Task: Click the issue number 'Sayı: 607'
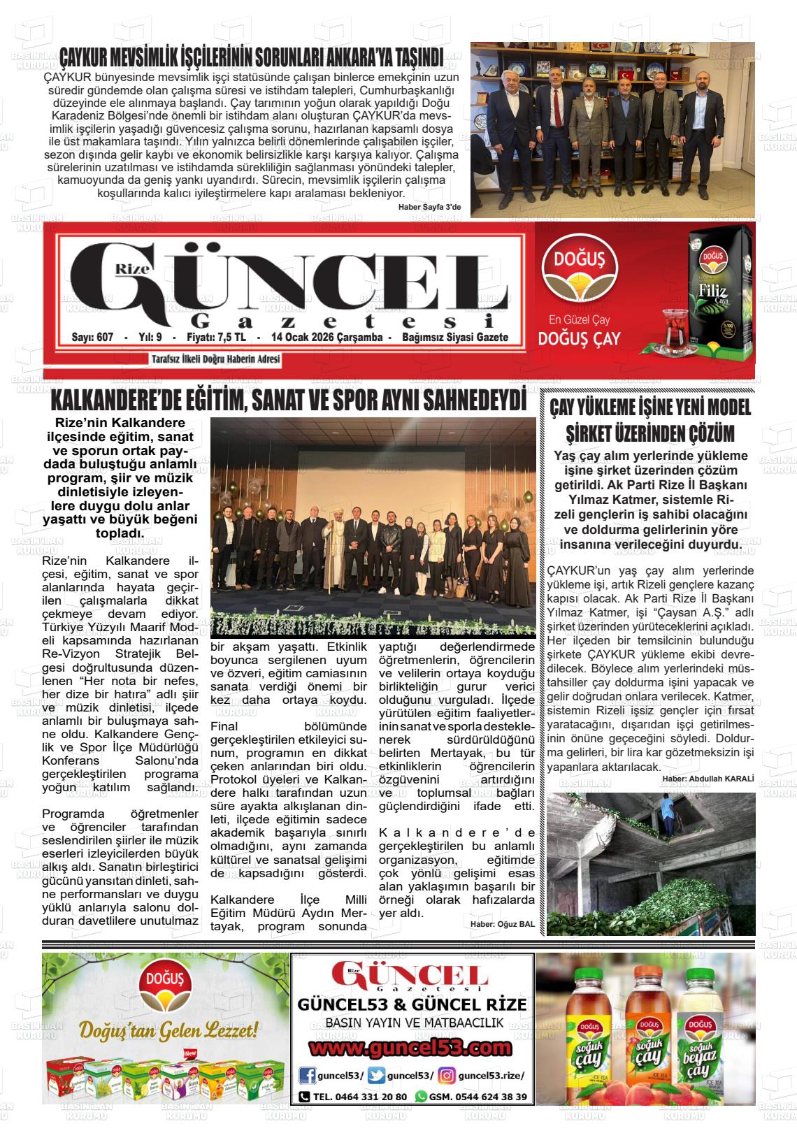tap(92, 338)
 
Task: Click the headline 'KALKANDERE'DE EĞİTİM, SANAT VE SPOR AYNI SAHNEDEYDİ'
tap(288, 401)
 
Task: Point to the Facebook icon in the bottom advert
tap(306, 1076)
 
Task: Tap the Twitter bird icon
tap(376, 1076)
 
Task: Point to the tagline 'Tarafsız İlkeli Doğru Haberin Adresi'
tap(215, 359)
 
